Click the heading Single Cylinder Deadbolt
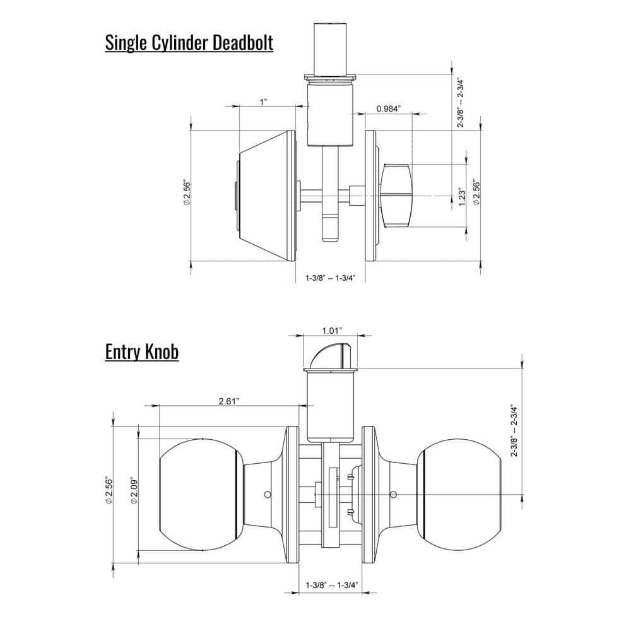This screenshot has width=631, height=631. coord(189,44)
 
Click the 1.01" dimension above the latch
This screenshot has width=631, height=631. coord(331,330)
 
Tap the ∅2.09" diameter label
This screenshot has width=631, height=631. coord(133,493)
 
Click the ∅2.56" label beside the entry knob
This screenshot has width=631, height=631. coord(109,493)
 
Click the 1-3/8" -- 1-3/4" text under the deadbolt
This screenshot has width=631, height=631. coord(331,278)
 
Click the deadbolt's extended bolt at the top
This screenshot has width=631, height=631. coord(329,48)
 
